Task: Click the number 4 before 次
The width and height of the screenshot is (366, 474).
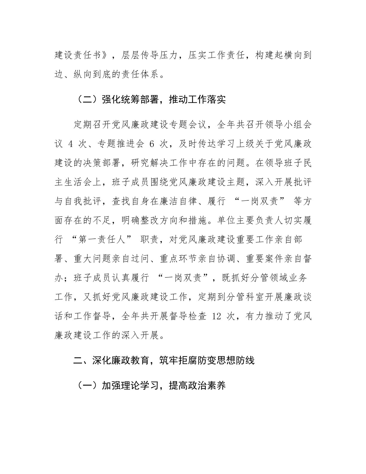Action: (x=71, y=144)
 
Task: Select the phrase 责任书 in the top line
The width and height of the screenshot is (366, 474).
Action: (x=83, y=56)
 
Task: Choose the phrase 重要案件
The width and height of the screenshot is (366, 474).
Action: (x=264, y=259)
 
